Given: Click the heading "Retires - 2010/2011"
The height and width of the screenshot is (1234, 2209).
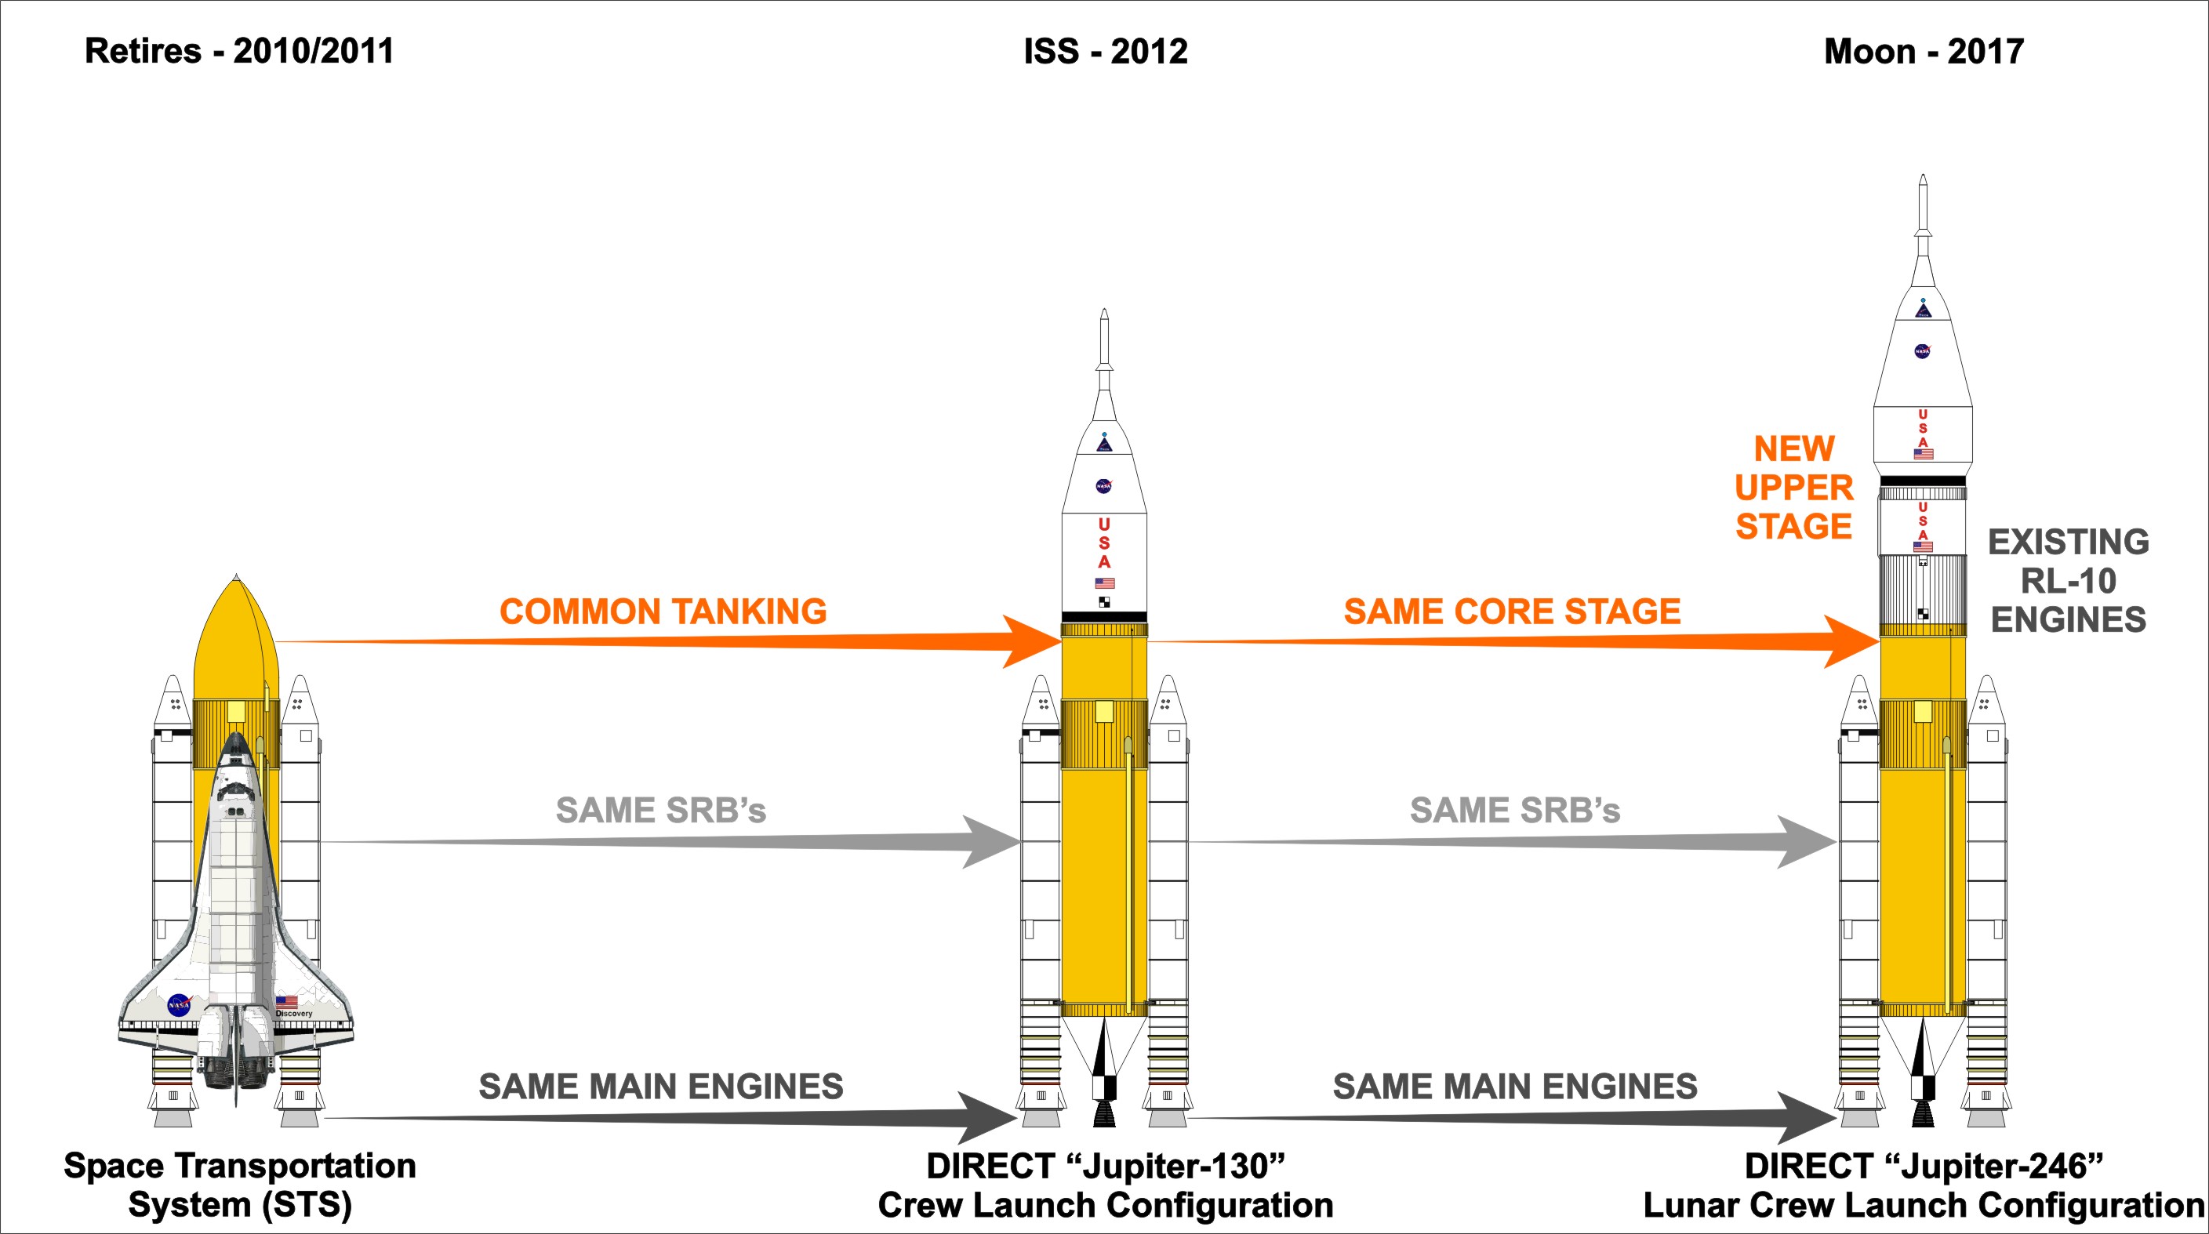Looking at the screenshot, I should (239, 52).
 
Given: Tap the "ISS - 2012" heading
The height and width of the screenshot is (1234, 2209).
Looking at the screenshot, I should (1106, 52).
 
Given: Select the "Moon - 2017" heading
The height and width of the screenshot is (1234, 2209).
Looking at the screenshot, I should (1924, 52).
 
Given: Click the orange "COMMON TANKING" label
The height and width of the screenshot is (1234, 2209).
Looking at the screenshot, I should (663, 612).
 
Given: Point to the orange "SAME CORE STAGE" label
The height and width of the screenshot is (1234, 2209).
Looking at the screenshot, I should (1512, 612).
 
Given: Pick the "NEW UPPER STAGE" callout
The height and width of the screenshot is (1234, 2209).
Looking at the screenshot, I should (1794, 487).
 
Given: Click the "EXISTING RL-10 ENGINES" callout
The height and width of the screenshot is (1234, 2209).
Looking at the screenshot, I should (2069, 581).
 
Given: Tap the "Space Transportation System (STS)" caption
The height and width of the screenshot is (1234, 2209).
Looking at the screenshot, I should (240, 1185).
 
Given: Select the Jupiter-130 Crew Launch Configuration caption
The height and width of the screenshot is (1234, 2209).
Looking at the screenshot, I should (1106, 1185).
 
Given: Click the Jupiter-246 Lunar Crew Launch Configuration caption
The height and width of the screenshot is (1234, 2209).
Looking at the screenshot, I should (1924, 1185).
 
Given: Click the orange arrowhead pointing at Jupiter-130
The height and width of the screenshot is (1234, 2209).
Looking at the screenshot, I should (1034, 641).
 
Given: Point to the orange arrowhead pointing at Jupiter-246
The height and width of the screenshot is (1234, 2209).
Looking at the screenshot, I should (1852, 641).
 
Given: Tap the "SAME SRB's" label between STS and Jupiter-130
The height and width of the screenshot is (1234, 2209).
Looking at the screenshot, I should (660, 811).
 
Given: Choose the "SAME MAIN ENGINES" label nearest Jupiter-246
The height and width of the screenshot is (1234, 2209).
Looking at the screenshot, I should (1514, 1087).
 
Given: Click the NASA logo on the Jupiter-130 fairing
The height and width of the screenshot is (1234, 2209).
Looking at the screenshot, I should (1103, 486).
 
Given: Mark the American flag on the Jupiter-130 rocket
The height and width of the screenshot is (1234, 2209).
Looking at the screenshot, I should (1104, 583).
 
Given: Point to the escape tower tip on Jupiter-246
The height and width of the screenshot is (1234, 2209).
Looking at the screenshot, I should (1923, 179).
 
